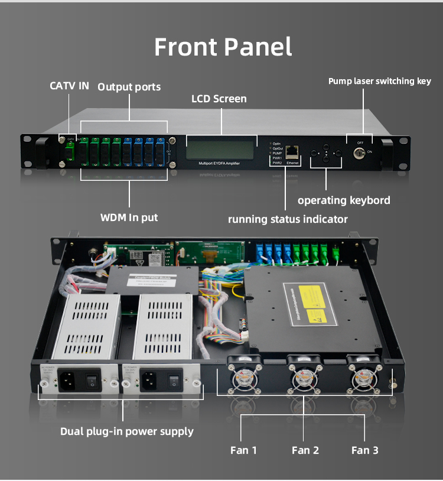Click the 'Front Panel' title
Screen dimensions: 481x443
[x=223, y=47]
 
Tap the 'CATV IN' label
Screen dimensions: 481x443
[x=69, y=86]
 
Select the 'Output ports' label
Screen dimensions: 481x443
[x=129, y=87]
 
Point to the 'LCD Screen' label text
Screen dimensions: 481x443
[x=219, y=99]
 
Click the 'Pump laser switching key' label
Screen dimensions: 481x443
[x=379, y=81]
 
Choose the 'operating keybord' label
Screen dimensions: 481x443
[x=343, y=200]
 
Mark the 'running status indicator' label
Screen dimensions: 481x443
[x=288, y=219]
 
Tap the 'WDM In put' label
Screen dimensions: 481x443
[x=129, y=217]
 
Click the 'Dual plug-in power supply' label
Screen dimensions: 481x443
[x=126, y=431]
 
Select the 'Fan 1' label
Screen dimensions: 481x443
[x=243, y=450]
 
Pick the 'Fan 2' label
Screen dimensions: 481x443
[x=305, y=450]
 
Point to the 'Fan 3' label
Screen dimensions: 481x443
[x=364, y=450]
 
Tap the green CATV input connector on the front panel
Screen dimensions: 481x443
[x=70, y=152]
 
